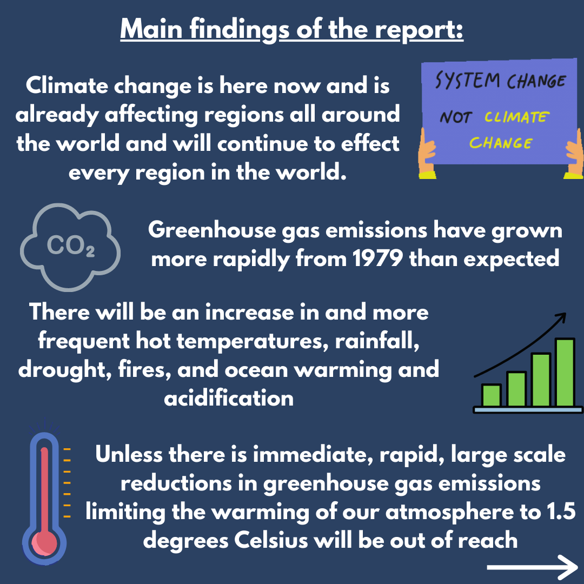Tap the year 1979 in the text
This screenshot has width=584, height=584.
click(377, 258)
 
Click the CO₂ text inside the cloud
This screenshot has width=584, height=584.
click(70, 246)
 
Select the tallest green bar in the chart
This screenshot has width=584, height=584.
click(565, 373)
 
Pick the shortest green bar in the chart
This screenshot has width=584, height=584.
click(491, 395)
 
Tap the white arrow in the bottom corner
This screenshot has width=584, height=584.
click(532, 567)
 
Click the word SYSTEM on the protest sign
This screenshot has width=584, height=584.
click(467, 81)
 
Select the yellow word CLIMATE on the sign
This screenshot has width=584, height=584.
click(516, 117)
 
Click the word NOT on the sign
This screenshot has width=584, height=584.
click(456, 117)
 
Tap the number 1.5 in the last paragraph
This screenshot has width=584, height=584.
click(562, 512)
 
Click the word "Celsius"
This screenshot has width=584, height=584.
click(271, 540)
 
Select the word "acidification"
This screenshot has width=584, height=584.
click(229, 398)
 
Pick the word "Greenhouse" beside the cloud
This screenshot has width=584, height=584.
click(212, 230)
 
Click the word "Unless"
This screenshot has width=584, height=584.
click(129, 454)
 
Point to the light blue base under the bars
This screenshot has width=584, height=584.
click(528, 410)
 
